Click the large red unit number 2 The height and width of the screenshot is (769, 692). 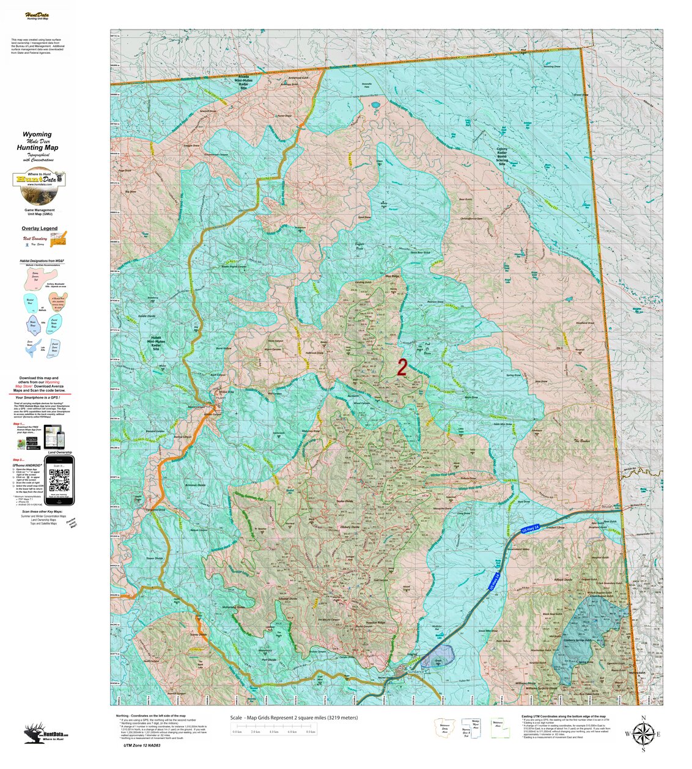pos(402,367)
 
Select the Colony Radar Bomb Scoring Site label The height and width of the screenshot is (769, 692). pos(501,156)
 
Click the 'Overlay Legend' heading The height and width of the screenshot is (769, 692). pos(40,229)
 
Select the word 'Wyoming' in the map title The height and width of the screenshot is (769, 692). pos(37,134)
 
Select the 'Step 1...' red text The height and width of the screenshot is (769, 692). pos(18,422)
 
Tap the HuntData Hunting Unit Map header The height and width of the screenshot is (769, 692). pos(37,16)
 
